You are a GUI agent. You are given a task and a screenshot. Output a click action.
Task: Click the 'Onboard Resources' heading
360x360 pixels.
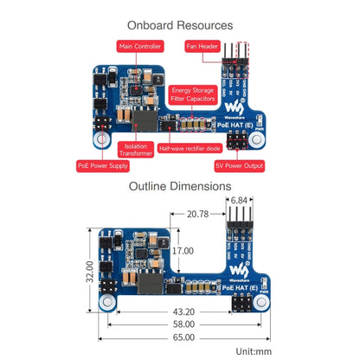(180, 26)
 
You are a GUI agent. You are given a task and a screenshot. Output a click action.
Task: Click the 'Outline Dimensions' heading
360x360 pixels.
(180, 185)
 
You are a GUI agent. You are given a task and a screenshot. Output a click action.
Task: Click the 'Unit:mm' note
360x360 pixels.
(254, 350)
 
